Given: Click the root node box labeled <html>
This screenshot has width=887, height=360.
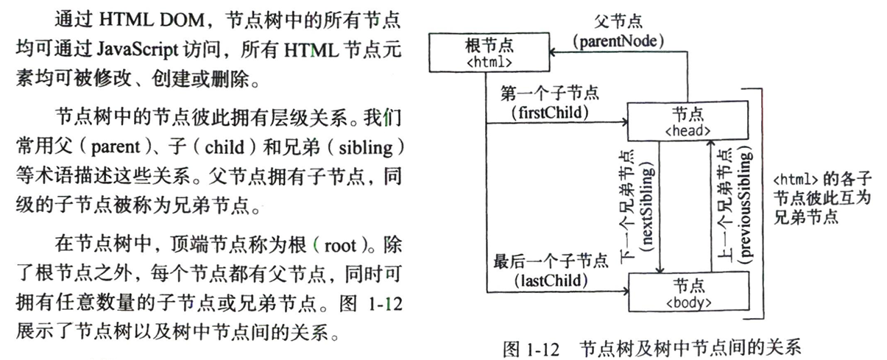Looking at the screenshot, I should [489, 54].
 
